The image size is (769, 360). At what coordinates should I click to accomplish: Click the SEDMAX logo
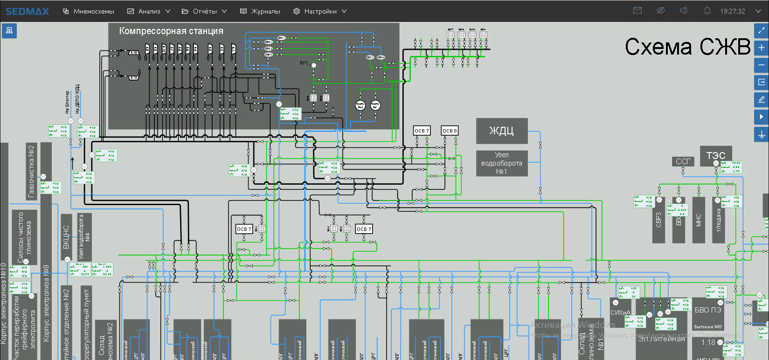(27, 11)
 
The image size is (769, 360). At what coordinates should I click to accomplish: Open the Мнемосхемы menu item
(89, 11)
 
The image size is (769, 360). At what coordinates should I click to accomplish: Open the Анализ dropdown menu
(149, 11)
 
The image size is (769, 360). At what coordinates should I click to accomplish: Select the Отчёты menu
(204, 11)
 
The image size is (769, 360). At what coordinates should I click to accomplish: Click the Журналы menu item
(260, 11)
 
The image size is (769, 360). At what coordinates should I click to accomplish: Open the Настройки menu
(320, 11)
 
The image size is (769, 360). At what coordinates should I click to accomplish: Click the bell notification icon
(707, 11)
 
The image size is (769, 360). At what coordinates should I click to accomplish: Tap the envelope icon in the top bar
(637, 11)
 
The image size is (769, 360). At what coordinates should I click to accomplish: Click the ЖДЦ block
(501, 131)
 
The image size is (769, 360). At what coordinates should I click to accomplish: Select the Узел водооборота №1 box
(501, 163)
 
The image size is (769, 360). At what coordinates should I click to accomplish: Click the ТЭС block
(715, 155)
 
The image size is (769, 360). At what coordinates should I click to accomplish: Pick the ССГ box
(683, 161)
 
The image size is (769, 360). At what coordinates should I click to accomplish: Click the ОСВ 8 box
(450, 131)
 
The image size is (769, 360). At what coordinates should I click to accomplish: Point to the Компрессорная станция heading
(171, 31)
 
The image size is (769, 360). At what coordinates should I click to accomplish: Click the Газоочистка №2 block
(31, 171)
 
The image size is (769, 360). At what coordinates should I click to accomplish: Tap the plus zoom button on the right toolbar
(761, 48)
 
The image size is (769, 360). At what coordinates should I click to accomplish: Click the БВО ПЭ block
(707, 310)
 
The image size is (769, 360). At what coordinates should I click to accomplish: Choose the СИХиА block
(620, 312)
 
